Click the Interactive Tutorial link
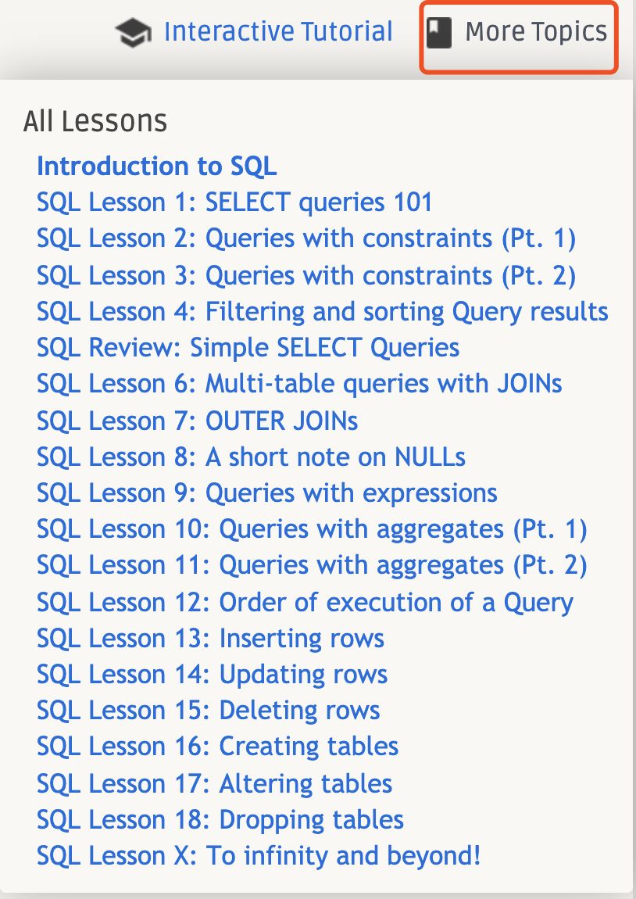point(278,31)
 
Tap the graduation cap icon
point(133,33)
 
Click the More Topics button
point(519,37)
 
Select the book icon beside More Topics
point(439,32)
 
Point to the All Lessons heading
point(95,121)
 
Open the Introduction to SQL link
point(157,167)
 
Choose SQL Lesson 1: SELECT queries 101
point(234,202)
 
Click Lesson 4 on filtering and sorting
point(323,312)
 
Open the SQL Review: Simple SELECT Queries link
point(248,348)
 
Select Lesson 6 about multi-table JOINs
point(300,384)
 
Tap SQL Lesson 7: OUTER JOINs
point(198,421)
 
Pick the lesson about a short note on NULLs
point(251,457)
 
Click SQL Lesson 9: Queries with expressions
point(267,493)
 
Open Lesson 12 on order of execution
point(305,604)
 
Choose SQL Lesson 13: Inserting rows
point(211,639)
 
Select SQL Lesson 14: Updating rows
point(213,675)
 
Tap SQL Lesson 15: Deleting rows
point(209,711)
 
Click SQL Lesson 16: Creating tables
point(218,747)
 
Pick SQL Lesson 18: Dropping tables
point(220,821)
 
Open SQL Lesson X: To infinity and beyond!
point(259,857)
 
